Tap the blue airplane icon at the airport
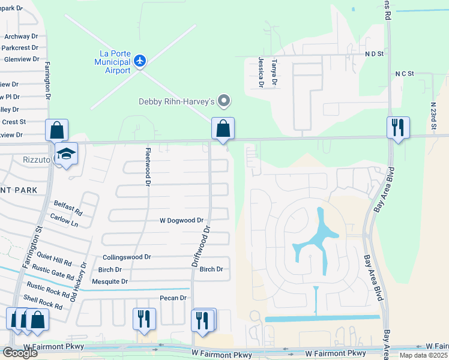click(140, 60)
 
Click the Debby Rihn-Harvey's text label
click(176, 101)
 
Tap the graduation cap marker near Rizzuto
click(66, 154)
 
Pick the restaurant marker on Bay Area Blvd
click(398, 128)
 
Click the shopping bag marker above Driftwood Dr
click(223, 128)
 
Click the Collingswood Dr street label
click(127, 256)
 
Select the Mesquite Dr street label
click(110, 281)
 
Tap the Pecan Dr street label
click(173, 298)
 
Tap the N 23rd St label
click(433, 119)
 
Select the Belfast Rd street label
click(68, 207)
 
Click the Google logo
click(20, 353)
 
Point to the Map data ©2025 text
click(423, 355)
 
